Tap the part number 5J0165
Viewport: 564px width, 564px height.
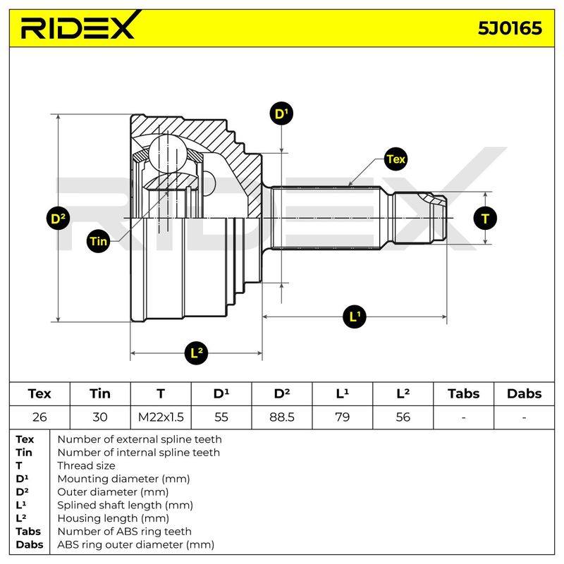[x=510, y=28]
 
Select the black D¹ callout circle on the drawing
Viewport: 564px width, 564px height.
[x=281, y=114]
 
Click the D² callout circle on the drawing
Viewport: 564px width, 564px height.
[x=58, y=219]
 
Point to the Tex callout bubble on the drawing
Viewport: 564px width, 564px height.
[x=396, y=159]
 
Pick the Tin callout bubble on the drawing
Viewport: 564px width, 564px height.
[x=98, y=240]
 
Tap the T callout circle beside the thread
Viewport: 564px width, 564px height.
[x=485, y=219]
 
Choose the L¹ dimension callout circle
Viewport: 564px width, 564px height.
[x=355, y=317]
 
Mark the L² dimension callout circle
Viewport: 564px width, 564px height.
[x=196, y=352]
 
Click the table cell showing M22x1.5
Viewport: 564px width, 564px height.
[x=161, y=417]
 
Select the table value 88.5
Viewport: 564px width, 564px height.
[x=281, y=417]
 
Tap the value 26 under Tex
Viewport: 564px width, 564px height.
[x=39, y=417]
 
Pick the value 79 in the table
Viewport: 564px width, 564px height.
[x=342, y=417]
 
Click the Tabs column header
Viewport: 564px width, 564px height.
[x=464, y=394]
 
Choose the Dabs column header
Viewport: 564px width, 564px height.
[x=524, y=394]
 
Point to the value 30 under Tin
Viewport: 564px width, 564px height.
[x=100, y=417]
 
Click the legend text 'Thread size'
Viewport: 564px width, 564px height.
[x=86, y=466]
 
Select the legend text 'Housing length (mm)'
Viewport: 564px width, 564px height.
[x=114, y=518]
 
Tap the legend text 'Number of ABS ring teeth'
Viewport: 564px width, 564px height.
[x=125, y=532]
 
